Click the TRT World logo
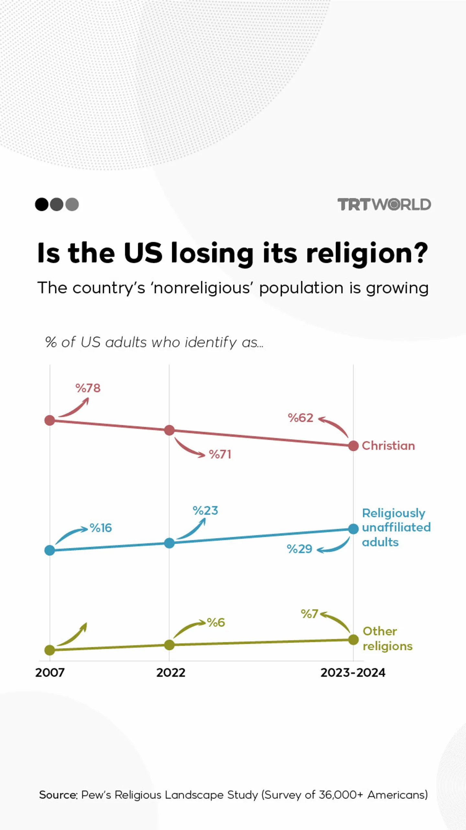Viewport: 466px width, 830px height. [x=384, y=204]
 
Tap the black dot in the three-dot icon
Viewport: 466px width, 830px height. [x=42, y=204]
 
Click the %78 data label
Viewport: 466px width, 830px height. [x=88, y=388]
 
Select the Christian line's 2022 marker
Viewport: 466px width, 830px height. [x=169, y=430]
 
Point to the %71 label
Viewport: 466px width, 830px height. [x=220, y=454]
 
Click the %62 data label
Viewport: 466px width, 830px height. [x=300, y=418]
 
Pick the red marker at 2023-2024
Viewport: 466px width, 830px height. [x=353, y=446]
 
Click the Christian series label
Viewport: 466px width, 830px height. [x=388, y=446]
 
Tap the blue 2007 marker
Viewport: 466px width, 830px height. [x=50, y=551]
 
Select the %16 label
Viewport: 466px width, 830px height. [x=101, y=528]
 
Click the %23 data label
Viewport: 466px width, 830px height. [x=205, y=511]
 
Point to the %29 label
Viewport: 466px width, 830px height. [x=299, y=549]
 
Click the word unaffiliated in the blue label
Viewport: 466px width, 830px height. [x=396, y=528]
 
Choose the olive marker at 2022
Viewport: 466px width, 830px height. [x=169, y=645]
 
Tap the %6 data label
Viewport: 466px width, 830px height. [x=216, y=622]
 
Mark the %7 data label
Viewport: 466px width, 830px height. [x=309, y=614]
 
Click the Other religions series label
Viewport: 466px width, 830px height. [x=387, y=639]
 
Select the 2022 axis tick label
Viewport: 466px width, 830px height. [x=171, y=673]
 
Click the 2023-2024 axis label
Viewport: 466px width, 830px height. [x=353, y=673]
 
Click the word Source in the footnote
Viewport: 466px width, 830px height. [x=58, y=795]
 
